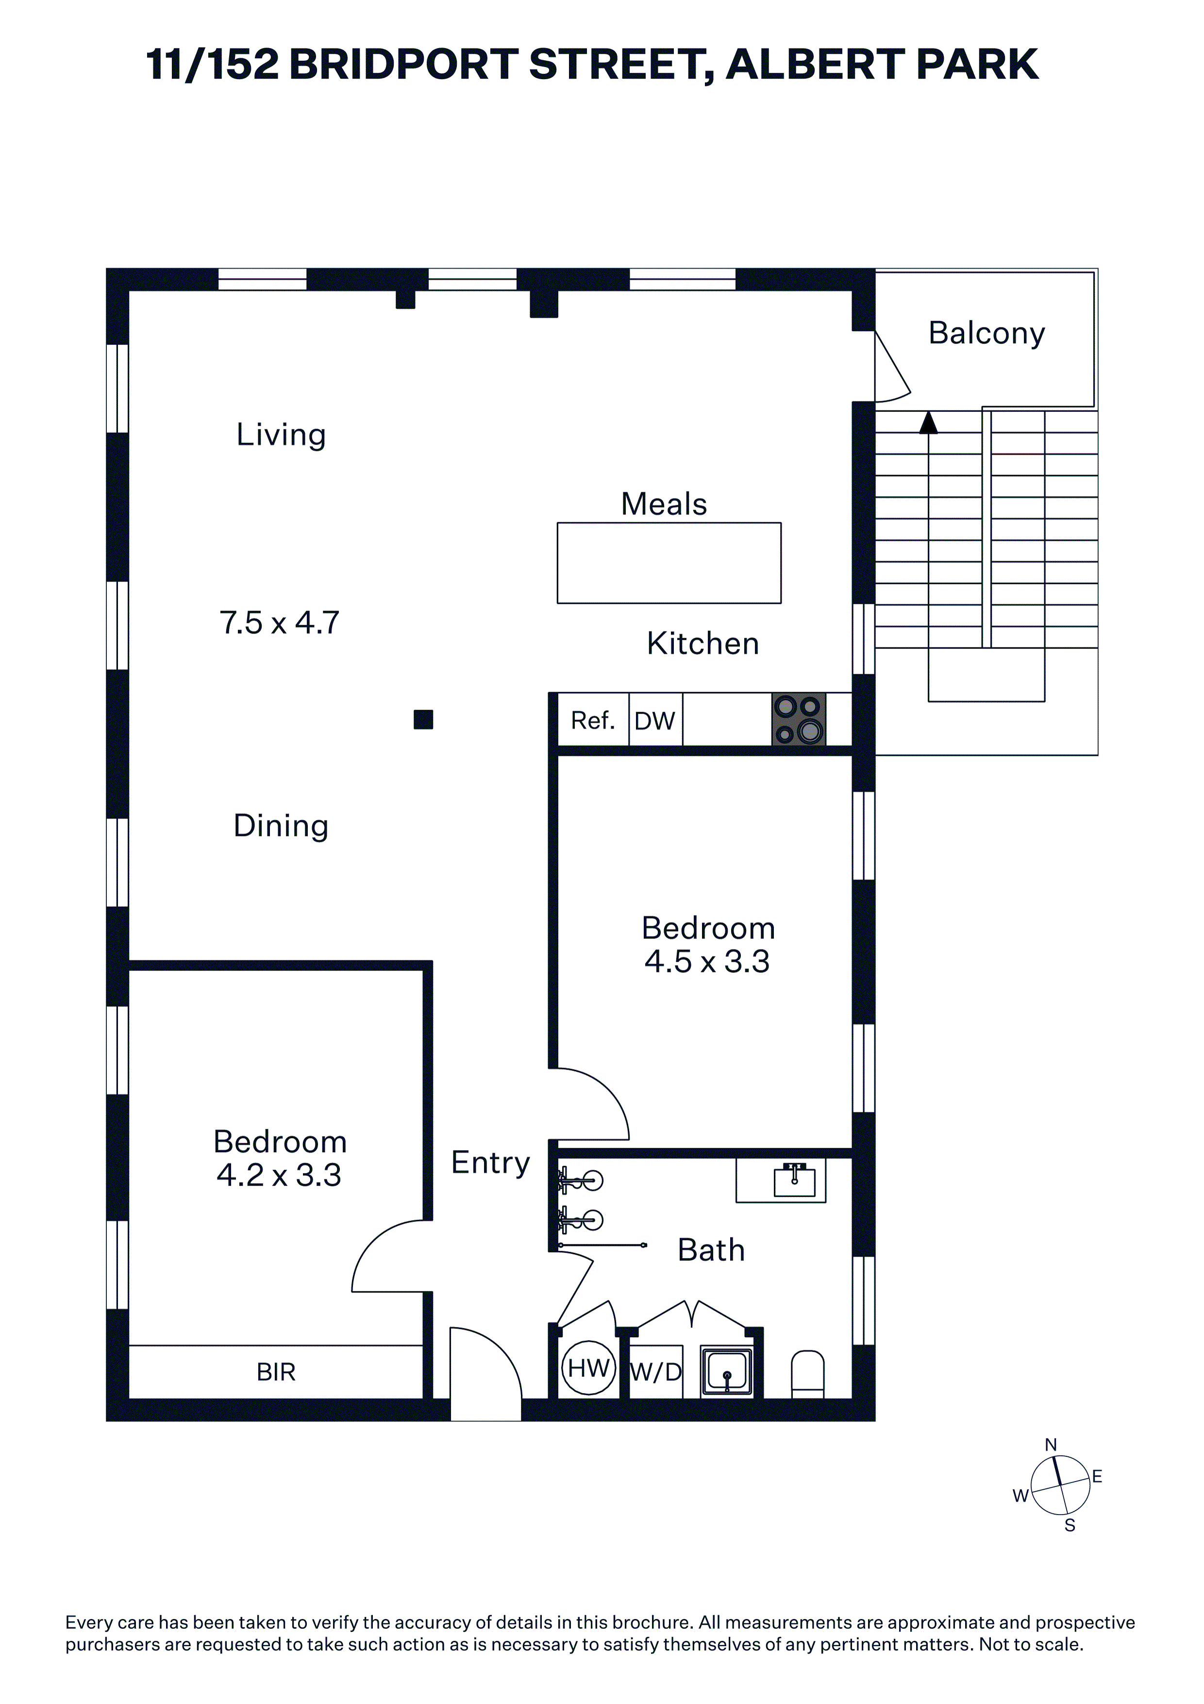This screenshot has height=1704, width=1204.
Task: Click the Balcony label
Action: pyautogui.click(x=986, y=333)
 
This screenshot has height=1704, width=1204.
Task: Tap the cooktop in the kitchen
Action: pyautogui.click(x=799, y=719)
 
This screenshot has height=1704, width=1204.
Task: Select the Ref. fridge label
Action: pyautogui.click(x=593, y=720)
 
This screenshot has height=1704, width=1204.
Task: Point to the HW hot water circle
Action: pyautogui.click(x=589, y=1368)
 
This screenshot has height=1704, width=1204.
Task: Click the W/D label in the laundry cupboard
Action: pyautogui.click(x=656, y=1372)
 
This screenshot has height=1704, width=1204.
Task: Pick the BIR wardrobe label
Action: pyautogui.click(x=276, y=1372)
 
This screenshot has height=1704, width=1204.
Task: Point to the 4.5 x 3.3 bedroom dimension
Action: pyautogui.click(x=707, y=961)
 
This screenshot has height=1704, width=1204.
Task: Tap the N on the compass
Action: pyautogui.click(x=1051, y=1445)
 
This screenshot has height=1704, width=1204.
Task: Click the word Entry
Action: pyautogui.click(x=490, y=1162)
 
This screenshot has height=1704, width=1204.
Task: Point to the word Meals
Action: pyautogui.click(x=664, y=504)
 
